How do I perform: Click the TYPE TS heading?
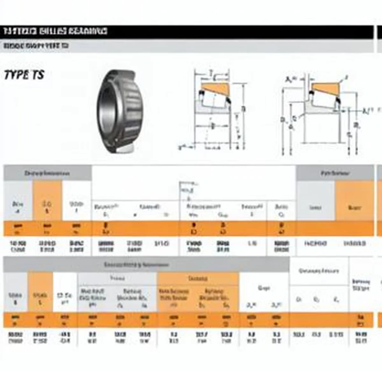24,75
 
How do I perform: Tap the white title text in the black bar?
55,31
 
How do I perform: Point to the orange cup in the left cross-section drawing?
215,89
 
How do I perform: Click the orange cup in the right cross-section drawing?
325,87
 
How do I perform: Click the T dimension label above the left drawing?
210,73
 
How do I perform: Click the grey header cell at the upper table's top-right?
335,173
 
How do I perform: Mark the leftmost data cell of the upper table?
18,246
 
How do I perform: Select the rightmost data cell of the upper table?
354,244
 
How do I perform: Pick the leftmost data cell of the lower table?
15,338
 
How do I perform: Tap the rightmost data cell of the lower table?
361,338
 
